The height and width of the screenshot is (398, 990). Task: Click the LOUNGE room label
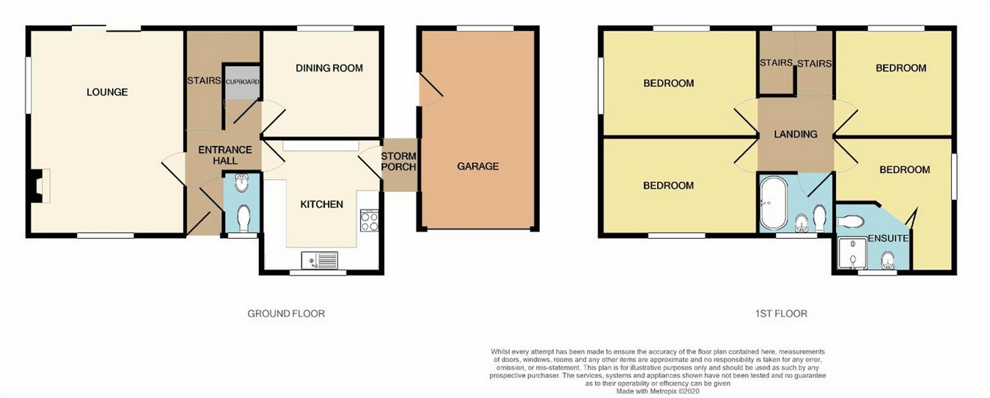107,92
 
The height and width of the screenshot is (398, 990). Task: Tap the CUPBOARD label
242,81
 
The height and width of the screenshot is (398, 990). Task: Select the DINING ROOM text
329,68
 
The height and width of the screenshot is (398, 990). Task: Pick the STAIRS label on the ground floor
204,81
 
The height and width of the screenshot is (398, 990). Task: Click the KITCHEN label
321,204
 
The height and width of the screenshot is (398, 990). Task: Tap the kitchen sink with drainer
319,259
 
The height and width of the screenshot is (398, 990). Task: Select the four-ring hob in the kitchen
369,220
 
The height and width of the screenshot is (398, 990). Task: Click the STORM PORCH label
398,161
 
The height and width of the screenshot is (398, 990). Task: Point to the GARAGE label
477,166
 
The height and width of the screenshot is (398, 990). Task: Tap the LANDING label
796,134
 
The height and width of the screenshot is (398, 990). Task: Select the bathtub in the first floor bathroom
773,203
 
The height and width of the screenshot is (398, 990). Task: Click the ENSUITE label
888,239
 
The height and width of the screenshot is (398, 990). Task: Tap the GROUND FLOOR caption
286,314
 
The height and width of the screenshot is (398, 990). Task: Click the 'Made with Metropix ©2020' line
658,391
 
